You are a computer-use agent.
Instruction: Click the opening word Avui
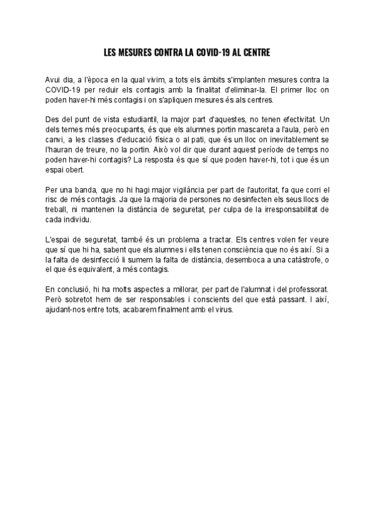(x=54, y=81)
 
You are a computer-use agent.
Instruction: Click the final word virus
(x=222, y=315)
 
